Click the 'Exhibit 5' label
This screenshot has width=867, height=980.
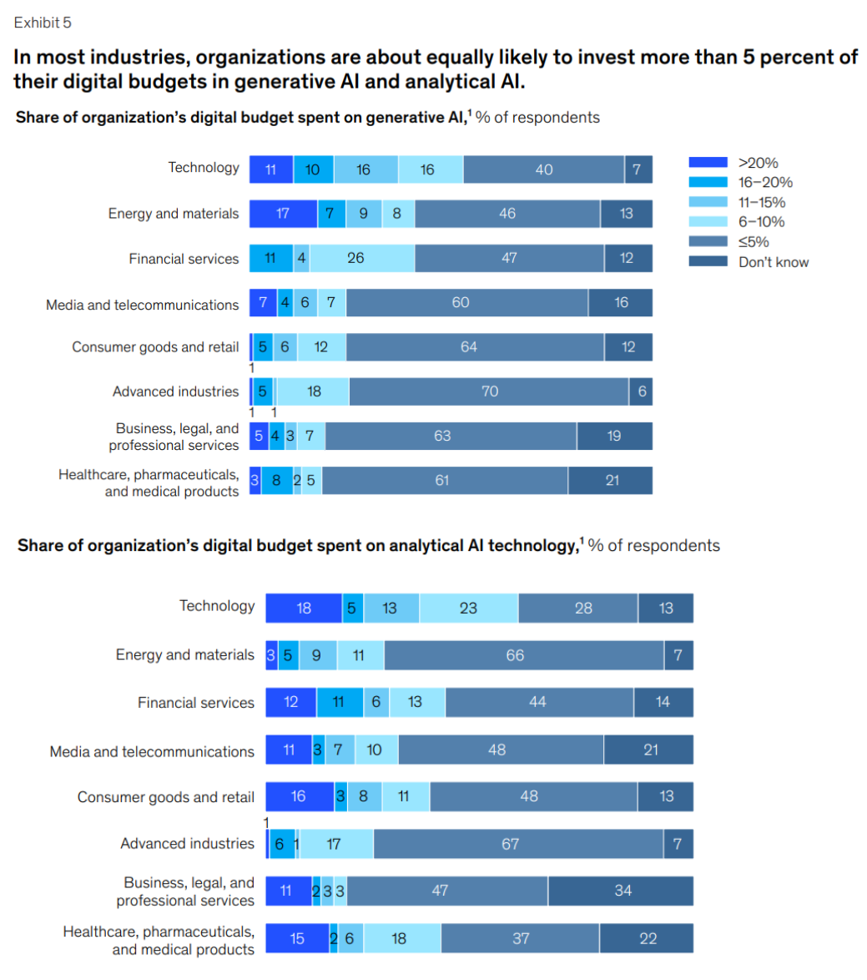pyautogui.click(x=43, y=23)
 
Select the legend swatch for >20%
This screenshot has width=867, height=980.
pyautogui.click(x=709, y=164)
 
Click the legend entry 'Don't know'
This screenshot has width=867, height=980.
pyautogui.click(x=773, y=262)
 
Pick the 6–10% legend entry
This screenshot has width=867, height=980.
pyautogui.click(x=761, y=222)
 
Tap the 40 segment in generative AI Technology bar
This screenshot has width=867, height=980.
pyautogui.click(x=544, y=169)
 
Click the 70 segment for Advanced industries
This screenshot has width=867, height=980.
pyautogui.click(x=489, y=391)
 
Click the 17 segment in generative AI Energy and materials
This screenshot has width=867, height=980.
pyautogui.click(x=283, y=214)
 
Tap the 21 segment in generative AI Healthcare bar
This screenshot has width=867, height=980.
pyautogui.click(x=611, y=481)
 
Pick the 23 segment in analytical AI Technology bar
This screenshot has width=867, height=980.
pyautogui.click(x=468, y=609)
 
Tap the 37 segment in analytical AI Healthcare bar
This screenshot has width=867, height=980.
pyautogui.click(x=520, y=939)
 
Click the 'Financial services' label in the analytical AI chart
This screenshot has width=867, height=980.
pyautogui.click(x=195, y=703)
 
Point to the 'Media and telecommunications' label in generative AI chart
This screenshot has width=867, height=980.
pyautogui.click(x=142, y=305)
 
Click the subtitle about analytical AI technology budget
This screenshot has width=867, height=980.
pyautogui.click(x=368, y=546)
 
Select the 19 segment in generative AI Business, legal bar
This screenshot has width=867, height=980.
pyautogui.click(x=614, y=436)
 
